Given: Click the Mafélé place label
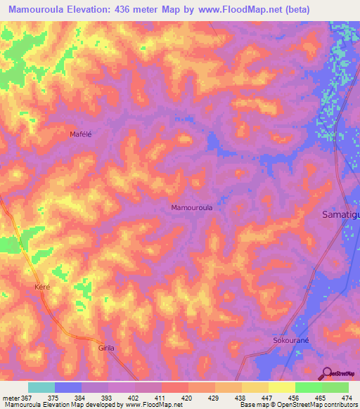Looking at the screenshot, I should tap(82, 134).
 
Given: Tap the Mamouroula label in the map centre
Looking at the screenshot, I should tap(192, 208).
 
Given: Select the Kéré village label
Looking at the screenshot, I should tap(44, 288).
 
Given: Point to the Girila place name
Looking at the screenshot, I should tap(106, 348).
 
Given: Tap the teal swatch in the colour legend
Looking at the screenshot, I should tap(41, 387).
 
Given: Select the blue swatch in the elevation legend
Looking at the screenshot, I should tap(68, 387).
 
